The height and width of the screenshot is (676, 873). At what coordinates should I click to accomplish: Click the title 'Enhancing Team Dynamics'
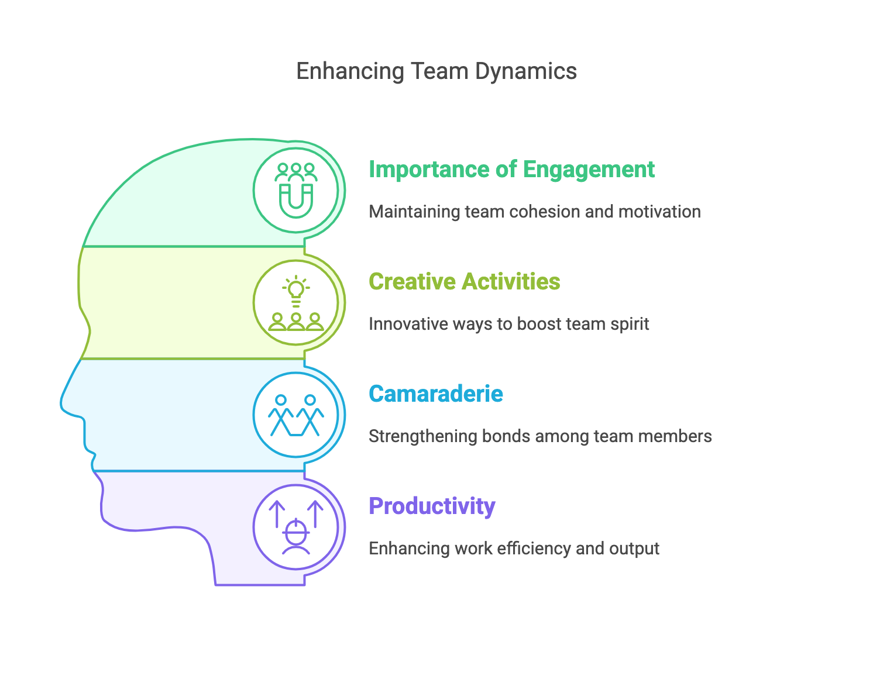tap(436, 71)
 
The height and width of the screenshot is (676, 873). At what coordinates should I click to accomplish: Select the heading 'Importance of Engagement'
tap(511, 169)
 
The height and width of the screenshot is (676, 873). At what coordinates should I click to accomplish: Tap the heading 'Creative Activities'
tap(464, 281)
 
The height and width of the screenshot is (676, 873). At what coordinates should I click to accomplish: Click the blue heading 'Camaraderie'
tap(435, 394)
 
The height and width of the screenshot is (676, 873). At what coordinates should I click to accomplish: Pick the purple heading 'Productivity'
tap(432, 506)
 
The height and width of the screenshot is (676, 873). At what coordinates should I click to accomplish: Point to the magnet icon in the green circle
tap(296, 200)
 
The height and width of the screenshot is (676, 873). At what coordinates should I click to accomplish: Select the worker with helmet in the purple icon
tap(296, 537)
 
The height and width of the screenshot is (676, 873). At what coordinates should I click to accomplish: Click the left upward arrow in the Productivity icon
tap(277, 513)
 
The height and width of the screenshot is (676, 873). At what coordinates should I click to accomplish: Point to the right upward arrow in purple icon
tap(315, 513)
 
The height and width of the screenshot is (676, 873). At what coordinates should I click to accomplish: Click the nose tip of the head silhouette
tap(62, 403)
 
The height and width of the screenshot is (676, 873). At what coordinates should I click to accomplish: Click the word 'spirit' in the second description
tap(632, 324)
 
